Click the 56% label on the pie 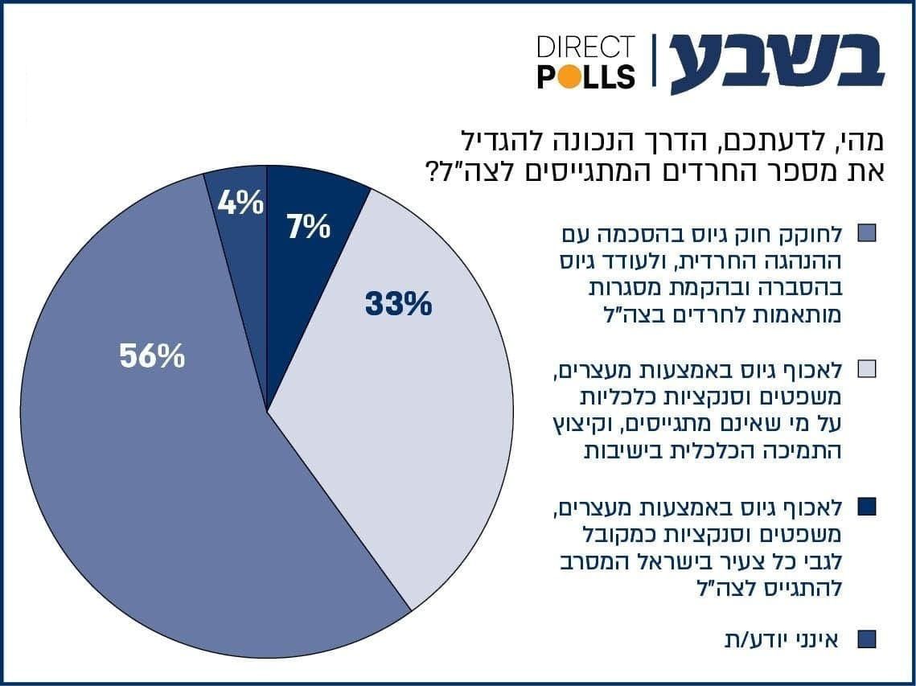[153, 355]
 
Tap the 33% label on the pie [398, 305]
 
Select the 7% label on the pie [309, 228]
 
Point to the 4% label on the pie [240, 203]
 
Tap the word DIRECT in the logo [585, 47]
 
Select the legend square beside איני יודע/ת [866, 639]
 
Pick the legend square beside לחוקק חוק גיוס [866, 233]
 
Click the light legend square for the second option [866, 369]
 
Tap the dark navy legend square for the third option [866, 507]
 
